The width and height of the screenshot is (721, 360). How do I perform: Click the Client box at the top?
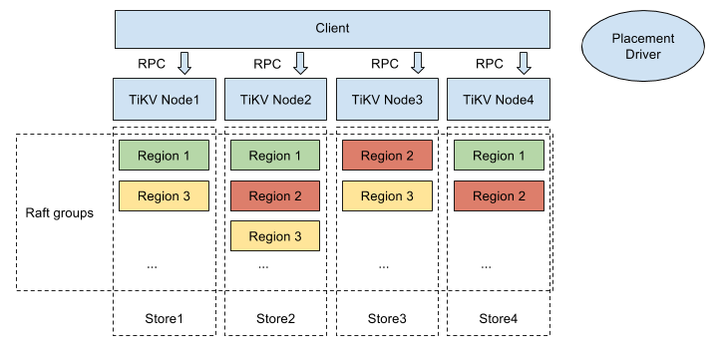(333, 29)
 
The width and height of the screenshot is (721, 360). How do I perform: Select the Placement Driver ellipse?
(642, 47)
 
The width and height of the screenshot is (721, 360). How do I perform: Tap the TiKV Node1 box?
(164, 100)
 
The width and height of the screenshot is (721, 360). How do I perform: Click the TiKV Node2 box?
(275, 100)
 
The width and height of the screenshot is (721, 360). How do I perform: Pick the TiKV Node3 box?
(387, 100)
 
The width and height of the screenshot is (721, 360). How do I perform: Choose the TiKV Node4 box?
(499, 100)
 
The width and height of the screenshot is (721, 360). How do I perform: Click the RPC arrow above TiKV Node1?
(184, 64)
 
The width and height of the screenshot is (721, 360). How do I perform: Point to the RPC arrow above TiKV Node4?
(523, 64)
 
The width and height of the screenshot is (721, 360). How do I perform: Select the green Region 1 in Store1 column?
(164, 156)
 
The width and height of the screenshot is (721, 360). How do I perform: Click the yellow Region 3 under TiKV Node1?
(164, 196)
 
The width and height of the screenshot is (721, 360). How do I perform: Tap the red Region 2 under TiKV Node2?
(275, 196)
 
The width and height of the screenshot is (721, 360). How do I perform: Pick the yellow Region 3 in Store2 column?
(275, 236)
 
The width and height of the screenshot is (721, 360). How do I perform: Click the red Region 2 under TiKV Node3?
(387, 156)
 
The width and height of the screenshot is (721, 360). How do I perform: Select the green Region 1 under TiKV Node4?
(499, 156)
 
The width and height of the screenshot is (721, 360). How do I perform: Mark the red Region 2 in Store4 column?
(499, 196)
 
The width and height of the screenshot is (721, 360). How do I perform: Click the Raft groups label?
(60, 213)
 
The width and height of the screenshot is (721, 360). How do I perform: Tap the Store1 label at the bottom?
(164, 319)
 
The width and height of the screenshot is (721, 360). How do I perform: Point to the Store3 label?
(387, 319)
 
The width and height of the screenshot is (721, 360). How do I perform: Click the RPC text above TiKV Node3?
(385, 64)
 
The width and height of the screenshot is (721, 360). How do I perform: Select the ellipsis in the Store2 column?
(263, 266)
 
